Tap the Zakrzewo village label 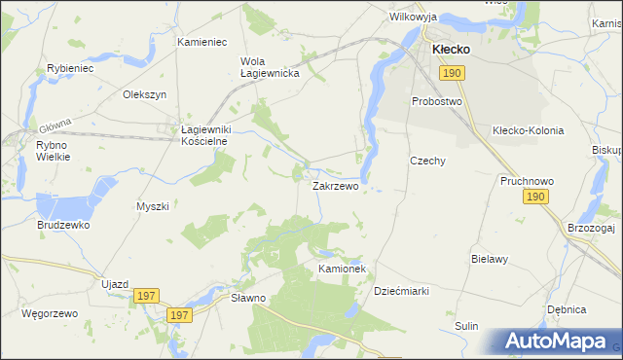(335, 185)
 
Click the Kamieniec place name (202, 43)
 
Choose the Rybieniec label (70, 69)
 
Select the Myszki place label (153, 206)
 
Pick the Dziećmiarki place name (402, 291)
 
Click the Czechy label (427, 161)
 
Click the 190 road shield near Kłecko (451, 73)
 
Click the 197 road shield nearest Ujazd (147, 296)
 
